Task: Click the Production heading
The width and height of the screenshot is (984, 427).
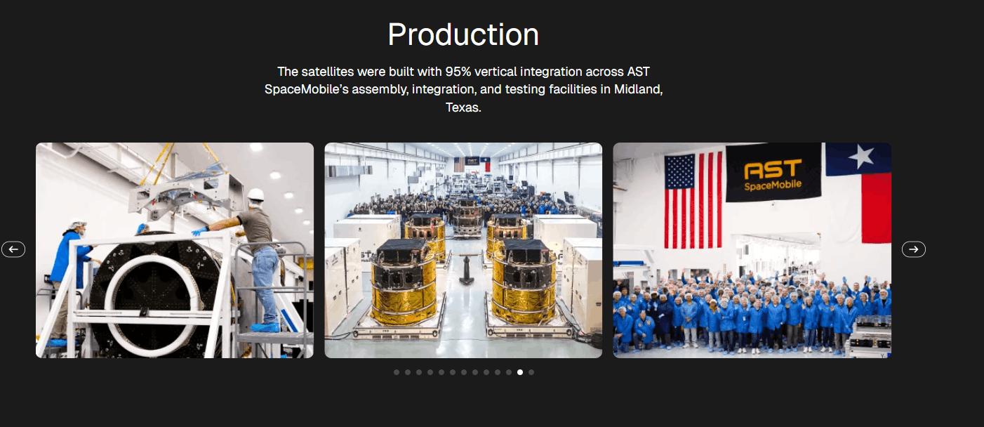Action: [x=463, y=34]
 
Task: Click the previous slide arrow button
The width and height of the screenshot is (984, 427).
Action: [x=13, y=249]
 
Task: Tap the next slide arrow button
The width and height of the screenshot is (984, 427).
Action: [x=913, y=249]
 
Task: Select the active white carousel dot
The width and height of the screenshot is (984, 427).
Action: [x=520, y=372]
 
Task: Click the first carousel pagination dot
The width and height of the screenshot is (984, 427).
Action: [x=397, y=372]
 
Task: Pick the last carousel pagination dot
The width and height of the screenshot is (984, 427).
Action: [x=531, y=372]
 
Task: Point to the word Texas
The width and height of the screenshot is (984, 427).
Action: [x=463, y=108]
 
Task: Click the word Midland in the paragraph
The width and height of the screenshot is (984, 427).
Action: [x=637, y=90]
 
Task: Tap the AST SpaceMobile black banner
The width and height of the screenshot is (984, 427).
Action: [x=773, y=172]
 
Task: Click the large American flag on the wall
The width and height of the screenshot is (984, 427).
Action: [x=693, y=199]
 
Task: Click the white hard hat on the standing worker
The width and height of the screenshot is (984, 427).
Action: [x=255, y=194]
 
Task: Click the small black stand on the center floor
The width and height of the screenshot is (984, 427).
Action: [x=465, y=270]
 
